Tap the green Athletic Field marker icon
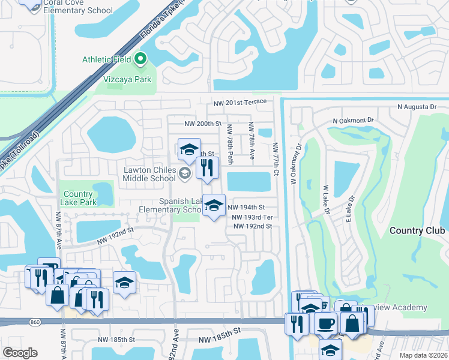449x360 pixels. (x=140, y=59)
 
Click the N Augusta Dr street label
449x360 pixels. (x=417, y=107)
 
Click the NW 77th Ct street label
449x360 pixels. (x=276, y=160)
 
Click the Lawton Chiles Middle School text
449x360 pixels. (x=149, y=174)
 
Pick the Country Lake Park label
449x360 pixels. (x=78, y=198)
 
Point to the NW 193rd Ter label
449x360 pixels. (x=252, y=217)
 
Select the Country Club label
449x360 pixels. (x=417, y=230)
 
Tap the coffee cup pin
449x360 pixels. (x=325, y=323)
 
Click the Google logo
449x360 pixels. (x=20, y=352)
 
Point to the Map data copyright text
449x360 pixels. (x=423, y=355)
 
